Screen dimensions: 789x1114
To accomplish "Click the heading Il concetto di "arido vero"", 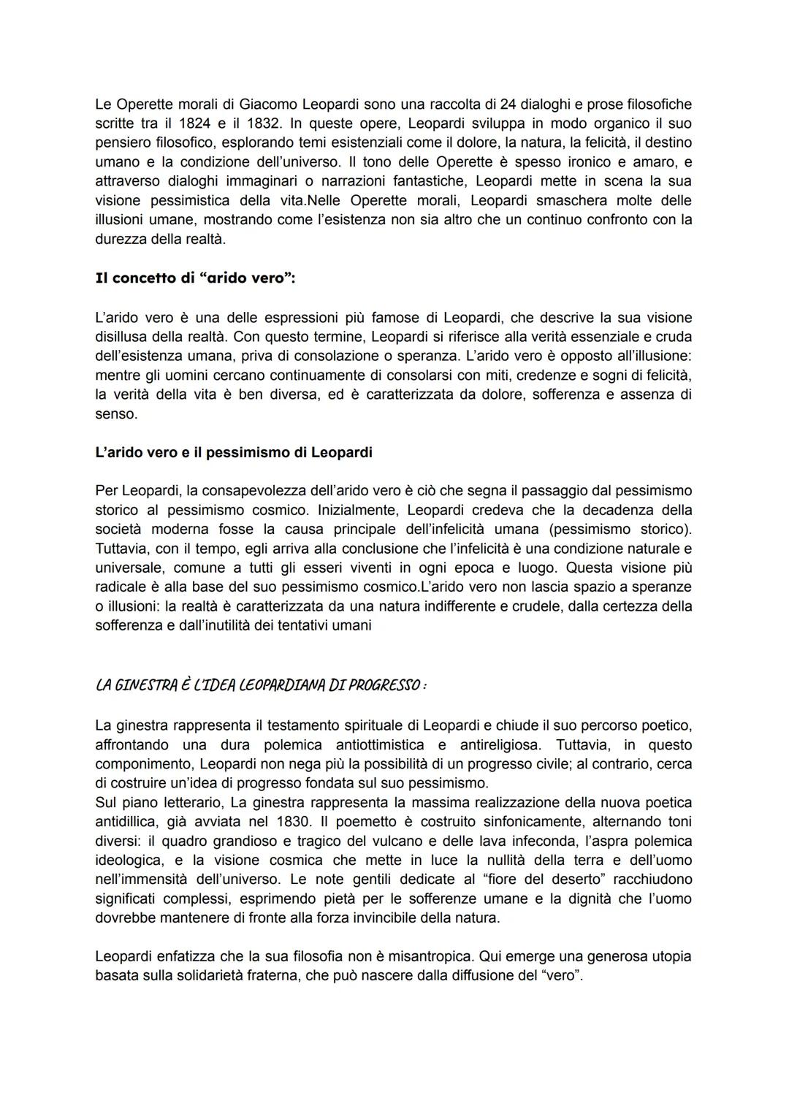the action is click(x=195, y=278).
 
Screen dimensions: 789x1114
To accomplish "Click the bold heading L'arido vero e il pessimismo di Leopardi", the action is click(x=234, y=452).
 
